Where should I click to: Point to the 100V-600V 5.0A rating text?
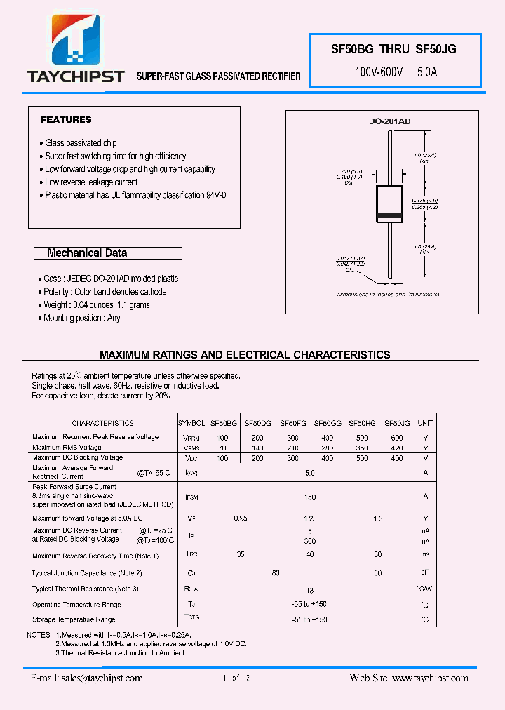click(x=396, y=72)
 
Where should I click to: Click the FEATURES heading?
click(x=66, y=120)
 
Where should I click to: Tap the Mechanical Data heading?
click(x=86, y=253)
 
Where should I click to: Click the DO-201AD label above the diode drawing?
click(x=389, y=122)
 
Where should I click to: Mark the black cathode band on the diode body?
click(x=389, y=214)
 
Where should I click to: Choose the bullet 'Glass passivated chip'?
click(x=81, y=143)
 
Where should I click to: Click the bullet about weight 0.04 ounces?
click(x=97, y=305)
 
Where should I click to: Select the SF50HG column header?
click(x=362, y=423)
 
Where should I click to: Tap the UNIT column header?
click(x=425, y=423)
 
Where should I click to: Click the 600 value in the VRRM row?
click(x=397, y=438)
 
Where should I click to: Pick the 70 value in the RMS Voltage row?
click(x=223, y=448)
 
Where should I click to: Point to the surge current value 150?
click(x=309, y=497)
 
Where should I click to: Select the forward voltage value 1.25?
click(x=309, y=518)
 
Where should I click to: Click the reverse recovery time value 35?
click(x=241, y=555)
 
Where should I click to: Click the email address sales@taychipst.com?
click(x=87, y=678)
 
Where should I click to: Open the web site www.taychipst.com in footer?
click(x=409, y=678)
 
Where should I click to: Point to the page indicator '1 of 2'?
click(x=236, y=678)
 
